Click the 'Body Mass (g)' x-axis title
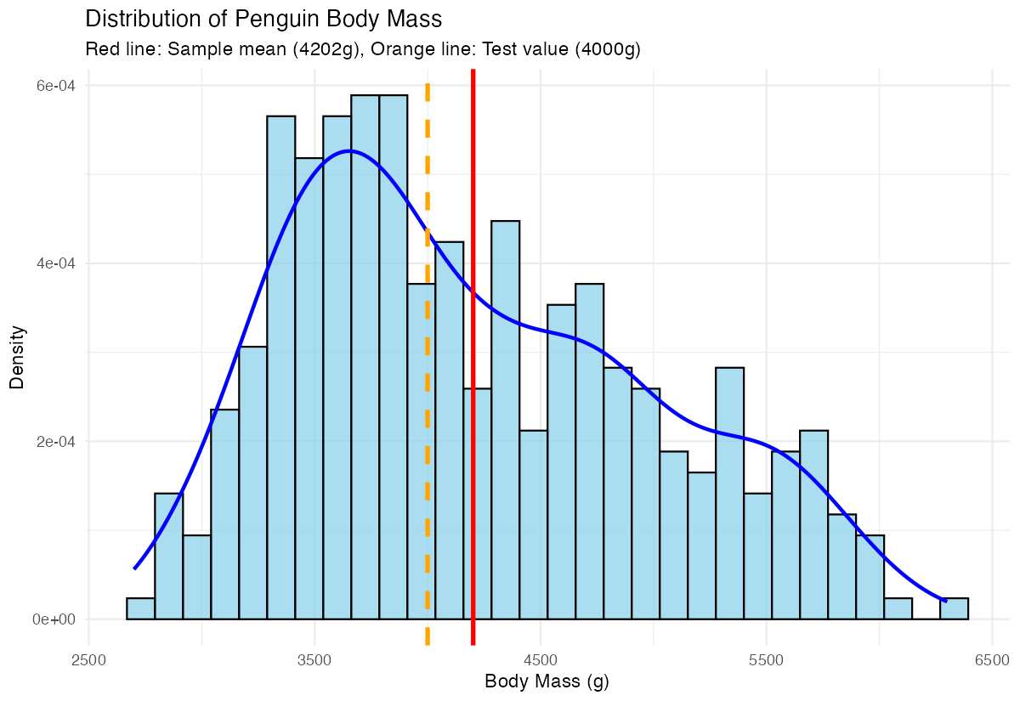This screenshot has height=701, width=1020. click(x=547, y=681)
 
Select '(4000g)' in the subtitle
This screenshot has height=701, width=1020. click(x=607, y=50)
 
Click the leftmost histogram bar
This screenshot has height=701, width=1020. click(x=140, y=608)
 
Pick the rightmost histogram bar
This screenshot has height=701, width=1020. click(x=954, y=608)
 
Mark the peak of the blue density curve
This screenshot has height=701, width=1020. click(x=349, y=151)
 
